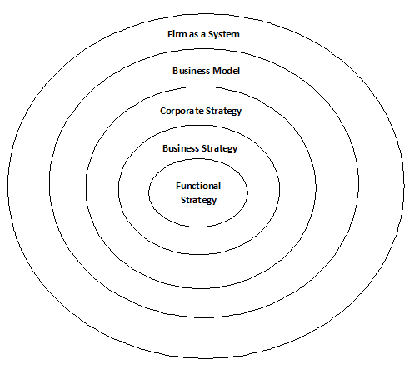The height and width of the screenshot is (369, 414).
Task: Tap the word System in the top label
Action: click(x=224, y=35)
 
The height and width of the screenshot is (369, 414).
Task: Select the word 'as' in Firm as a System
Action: click(x=194, y=35)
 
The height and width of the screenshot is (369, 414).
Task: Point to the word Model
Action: click(x=226, y=71)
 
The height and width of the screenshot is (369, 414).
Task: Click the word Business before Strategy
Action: click(x=181, y=148)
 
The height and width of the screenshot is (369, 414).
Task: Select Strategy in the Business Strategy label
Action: click(x=219, y=148)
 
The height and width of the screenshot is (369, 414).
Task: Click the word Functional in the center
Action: click(x=198, y=186)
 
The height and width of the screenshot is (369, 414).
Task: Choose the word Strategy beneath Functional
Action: click(x=198, y=200)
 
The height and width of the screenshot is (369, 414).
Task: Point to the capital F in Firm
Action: click(x=170, y=34)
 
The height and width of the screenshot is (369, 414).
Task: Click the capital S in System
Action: click(x=212, y=34)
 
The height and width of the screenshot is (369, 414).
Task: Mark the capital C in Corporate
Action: click(x=163, y=111)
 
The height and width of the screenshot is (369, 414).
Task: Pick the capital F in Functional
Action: click(x=178, y=186)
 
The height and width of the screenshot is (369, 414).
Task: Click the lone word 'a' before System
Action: click(x=203, y=35)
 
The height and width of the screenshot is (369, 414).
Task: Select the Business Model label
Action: click(x=206, y=71)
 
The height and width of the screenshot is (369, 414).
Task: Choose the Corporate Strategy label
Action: click(x=201, y=112)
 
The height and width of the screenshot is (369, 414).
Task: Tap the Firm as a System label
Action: click(x=203, y=35)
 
